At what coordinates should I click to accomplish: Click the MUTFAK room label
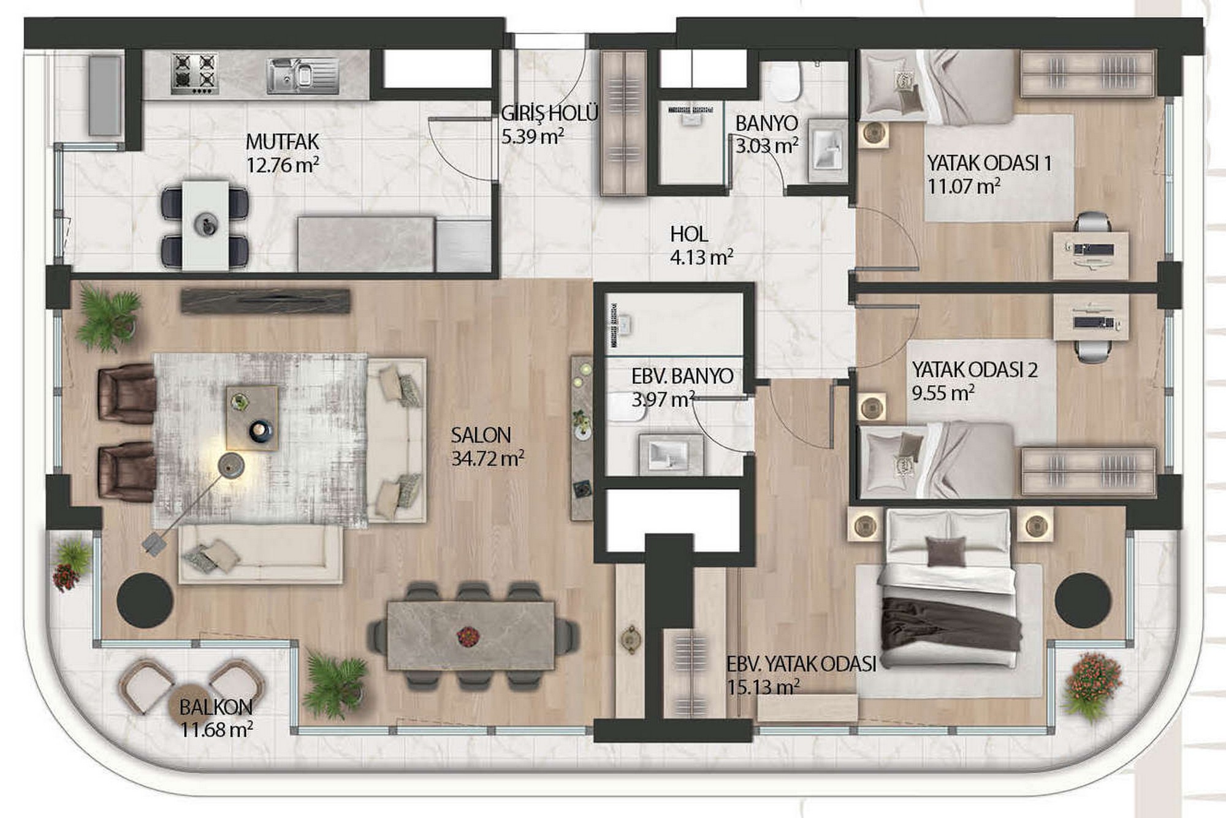[x=282, y=142]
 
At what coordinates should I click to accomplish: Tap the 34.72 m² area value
[x=487, y=458]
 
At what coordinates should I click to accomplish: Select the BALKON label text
[x=216, y=707]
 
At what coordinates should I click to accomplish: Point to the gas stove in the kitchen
[x=195, y=73]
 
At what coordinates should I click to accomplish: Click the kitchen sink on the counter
[x=303, y=76]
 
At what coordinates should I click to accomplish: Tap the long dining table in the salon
[x=471, y=636]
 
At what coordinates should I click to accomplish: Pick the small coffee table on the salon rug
[x=252, y=418]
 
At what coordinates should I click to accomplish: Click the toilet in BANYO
[x=785, y=81]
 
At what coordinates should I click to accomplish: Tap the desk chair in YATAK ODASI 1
[x=1093, y=222]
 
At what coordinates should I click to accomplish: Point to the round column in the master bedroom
[x=1083, y=600]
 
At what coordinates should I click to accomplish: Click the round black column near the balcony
[x=145, y=600]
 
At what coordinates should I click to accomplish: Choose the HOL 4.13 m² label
[x=701, y=245]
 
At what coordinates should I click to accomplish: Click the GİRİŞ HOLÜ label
[x=549, y=113]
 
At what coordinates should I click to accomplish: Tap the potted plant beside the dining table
[x=334, y=682]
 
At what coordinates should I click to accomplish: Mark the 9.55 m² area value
[x=943, y=393]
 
